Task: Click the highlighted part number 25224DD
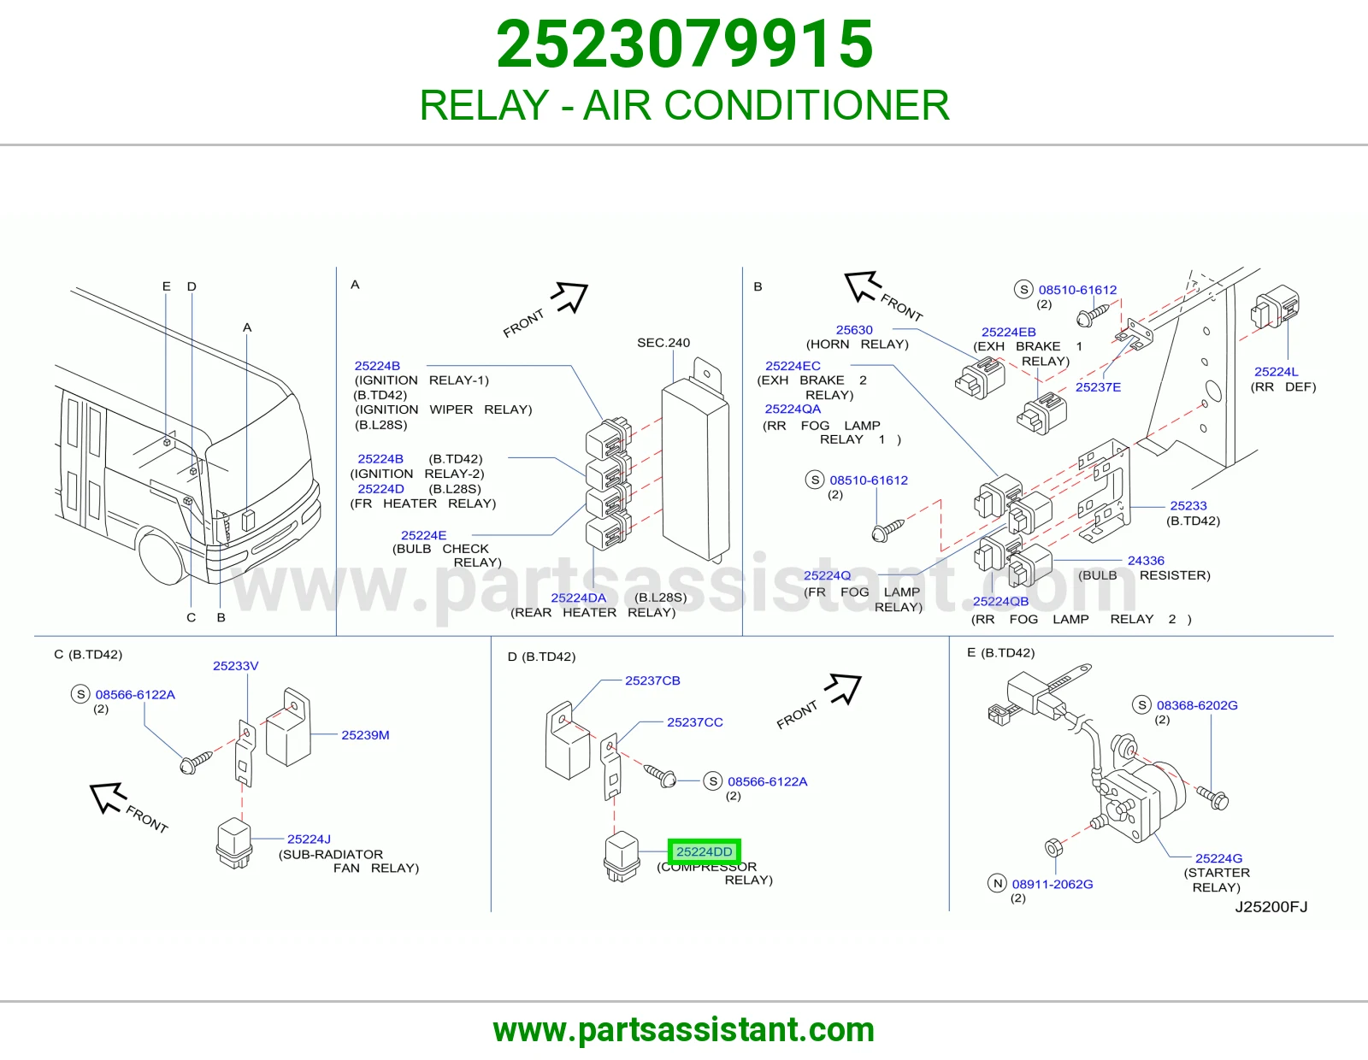point(704,851)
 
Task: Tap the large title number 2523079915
point(684,44)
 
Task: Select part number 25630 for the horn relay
point(854,330)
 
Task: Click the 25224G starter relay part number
point(1218,858)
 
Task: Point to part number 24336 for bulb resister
point(1146,560)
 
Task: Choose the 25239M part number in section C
point(365,734)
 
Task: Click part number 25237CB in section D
point(652,680)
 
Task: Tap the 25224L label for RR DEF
point(1276,371)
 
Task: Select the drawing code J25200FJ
point(1271,906)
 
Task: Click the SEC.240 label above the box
point(663,343)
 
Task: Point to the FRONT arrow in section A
point(569,297)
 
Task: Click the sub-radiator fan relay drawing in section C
point(234,842)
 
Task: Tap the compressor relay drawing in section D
point(622,856)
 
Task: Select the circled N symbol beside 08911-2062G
point(997,883)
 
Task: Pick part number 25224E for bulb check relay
point(424,535)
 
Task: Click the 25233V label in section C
point(235,665)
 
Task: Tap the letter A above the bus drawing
point(247,327)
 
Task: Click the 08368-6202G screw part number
point(1197,705)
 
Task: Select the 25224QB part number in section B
point(1000,601)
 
